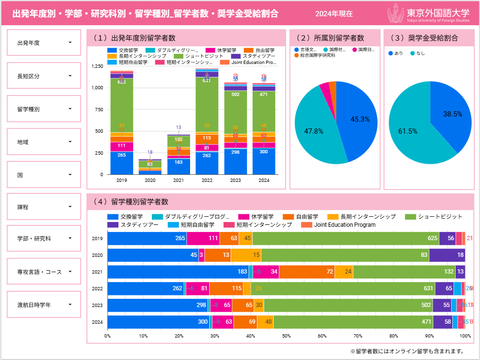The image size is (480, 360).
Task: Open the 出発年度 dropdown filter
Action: tap(44, 43)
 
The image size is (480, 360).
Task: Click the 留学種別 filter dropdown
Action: tap(44, 109)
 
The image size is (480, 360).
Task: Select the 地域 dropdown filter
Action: tap(44, 142)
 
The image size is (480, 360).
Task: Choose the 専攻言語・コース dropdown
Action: tap(44, 272)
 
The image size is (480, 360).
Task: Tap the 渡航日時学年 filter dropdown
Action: tap(44, 304)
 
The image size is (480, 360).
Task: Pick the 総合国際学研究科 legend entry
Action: tap(315, 56)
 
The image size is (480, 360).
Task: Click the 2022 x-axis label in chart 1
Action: tap(207, 180)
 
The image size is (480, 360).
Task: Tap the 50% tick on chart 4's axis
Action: tap(286, 336)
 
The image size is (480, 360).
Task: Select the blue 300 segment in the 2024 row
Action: tap(158, 322)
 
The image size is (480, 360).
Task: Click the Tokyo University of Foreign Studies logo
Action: tap(430, 14)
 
